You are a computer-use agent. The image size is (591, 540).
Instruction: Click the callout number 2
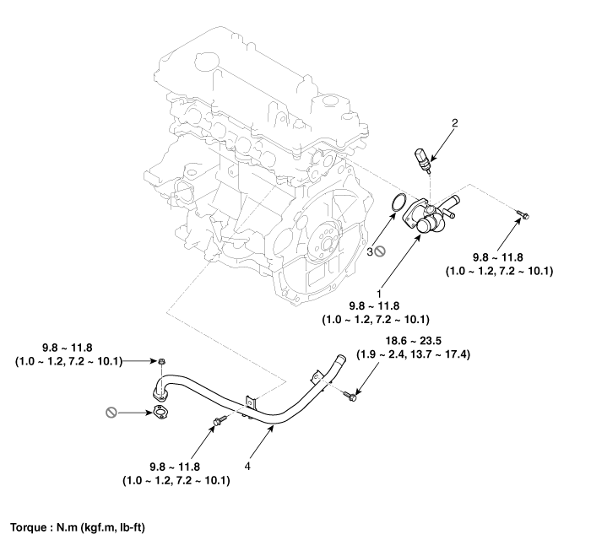pos(454,124)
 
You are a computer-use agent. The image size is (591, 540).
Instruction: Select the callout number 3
pos(369,251)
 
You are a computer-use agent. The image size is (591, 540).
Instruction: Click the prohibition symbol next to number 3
pos(381,251)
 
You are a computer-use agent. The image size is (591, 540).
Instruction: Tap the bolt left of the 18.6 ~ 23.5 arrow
pos(349,392)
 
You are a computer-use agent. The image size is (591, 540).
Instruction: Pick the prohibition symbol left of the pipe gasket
pos(110,413)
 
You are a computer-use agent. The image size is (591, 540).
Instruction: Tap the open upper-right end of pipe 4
pos(341,358)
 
